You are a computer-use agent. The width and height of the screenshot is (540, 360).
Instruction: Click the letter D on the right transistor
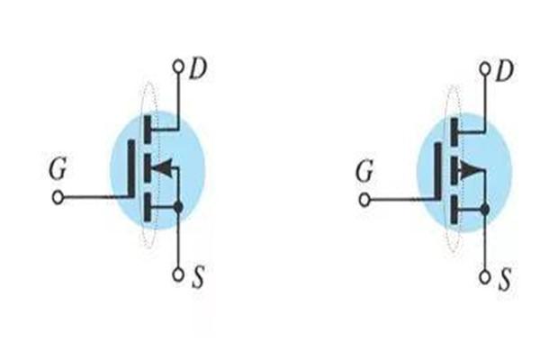(x=504, y=68)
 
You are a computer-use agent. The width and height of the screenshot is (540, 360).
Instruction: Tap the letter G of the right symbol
(x=364, y=169)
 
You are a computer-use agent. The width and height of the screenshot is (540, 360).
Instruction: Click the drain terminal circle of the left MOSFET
(x=178, y=66)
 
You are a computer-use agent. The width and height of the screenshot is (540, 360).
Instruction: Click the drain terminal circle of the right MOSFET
(x=485, y=67)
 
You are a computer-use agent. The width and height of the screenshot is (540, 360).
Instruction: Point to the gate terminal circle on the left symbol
(x=58, y=198)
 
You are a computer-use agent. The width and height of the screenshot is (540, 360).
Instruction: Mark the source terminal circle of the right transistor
(x=486, y=274)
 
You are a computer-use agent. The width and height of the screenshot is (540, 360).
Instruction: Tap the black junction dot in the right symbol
(x=486, y=211)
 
